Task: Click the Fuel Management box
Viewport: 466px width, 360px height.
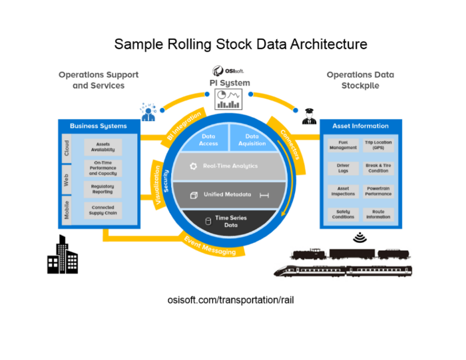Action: pos(343,146)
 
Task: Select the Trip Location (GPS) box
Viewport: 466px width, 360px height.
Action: pos(378,146)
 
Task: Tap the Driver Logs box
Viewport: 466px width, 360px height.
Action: pos(343,168)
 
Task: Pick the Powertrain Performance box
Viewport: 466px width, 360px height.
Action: pos(378,191)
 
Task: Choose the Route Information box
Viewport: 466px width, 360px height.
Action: pos(378,214)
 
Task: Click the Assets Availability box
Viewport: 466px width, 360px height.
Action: pos(103,147)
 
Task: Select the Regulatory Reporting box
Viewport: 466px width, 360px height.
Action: pos(103,189)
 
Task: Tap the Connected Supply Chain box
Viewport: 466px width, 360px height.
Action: pos(103,210)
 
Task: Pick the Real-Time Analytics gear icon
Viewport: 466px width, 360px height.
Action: pos(193,166)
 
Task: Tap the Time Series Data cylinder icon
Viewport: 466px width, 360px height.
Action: pos(208,221)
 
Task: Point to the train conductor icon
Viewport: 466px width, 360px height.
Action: pos(308,116)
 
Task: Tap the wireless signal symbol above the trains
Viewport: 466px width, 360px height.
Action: pos(360,236)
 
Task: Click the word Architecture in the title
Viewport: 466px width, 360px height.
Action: pos(322,44)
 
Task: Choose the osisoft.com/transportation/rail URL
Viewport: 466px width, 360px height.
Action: pos(231,299)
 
